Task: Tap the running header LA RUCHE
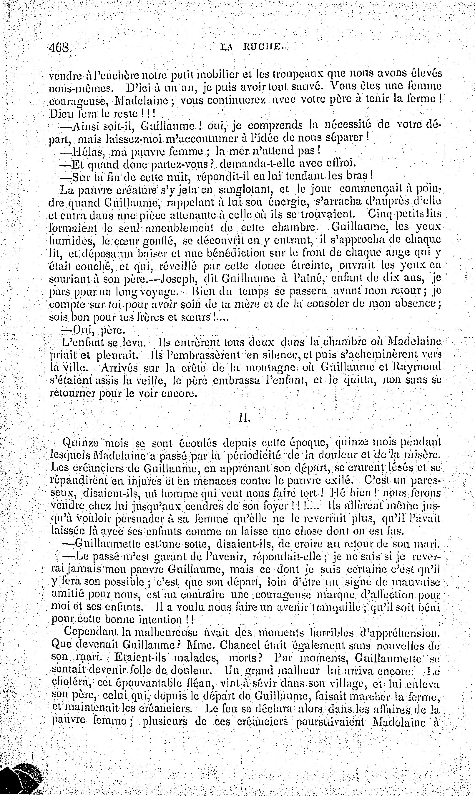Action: coord(252,48)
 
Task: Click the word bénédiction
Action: coord(246,253)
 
